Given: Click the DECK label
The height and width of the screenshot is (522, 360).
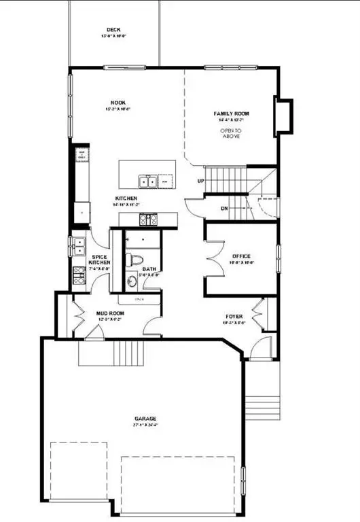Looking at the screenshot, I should pos(113,30).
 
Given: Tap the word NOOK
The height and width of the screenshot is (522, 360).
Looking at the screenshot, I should pos(118,103).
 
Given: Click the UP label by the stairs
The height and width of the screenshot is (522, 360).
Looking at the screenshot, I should pos(200,181).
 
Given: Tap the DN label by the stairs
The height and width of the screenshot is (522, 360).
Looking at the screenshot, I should pos(223,208).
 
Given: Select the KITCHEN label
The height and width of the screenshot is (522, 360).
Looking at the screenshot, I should pos(126,198).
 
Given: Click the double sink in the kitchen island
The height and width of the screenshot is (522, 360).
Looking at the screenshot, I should pos(147,181).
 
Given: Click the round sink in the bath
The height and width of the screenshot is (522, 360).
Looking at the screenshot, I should pos(133,281).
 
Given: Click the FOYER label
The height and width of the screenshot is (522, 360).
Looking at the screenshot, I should pos(235,317).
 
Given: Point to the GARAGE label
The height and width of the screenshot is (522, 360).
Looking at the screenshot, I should pos(145,418).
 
